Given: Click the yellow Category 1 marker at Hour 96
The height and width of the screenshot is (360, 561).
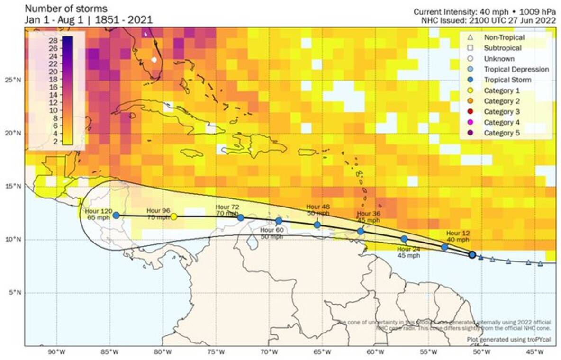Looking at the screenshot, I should pyautogui.click(x=173, y=216).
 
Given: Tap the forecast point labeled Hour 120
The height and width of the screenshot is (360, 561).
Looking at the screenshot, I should pyautogui.click(x=116, y=215).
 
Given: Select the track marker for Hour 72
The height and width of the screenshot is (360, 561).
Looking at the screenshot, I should pyautogui.click(x=240, y=217).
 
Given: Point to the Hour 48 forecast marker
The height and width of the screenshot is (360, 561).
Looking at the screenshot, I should pyautogui.click(x=317, y=225).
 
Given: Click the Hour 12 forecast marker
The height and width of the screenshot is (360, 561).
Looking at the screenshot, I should pyautogui.click(x=444, y=247).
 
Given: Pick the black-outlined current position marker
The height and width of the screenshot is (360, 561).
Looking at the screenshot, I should pyautogui.click(x=472, y=255).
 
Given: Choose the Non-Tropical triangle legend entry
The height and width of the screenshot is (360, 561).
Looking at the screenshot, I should pyautogui.click(x=502, y=37).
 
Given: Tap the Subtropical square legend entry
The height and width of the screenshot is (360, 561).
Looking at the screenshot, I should pyautogui.click(x=502, y=48).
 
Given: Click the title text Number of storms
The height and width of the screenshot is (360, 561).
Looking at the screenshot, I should pyautogui.click(x=66, y=9).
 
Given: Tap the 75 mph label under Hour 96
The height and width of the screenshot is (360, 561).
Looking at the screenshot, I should pyautogui.click(x=158, y=218).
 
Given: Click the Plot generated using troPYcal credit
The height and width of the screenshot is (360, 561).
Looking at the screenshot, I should pyautogui.click(x=509, y=339).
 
